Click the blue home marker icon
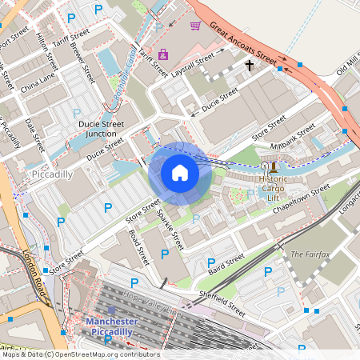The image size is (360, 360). (x=180, y=173)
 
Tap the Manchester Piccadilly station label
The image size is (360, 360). (x=111, y=326)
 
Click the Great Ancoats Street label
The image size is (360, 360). (x=243, y=44)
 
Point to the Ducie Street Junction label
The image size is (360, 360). (x=101, y=129)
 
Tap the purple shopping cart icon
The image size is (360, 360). (x=195, y=26)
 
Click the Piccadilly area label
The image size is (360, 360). (x=51, y=174)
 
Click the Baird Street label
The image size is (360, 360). (x=226, y=262)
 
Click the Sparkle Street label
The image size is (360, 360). (x=170, y=228)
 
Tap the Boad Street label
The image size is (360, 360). (x=138, y=248)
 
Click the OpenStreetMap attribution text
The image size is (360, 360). (x=80, y=354)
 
